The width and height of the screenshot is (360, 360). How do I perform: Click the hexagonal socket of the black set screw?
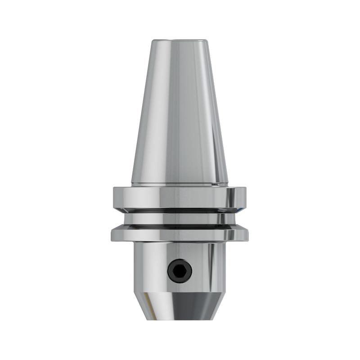pyautogui.click(x=180, y=270)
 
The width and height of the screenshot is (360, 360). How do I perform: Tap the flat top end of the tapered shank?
pyautogui.click(x=180, y=40)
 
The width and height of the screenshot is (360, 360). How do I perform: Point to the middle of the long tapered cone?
pyautogui.click(x=180, y=112)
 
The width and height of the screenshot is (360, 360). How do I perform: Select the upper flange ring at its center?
pyautogui.click(x=180, y=197)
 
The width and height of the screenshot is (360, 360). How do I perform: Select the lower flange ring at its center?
pyautogui.click(x=180, y=233)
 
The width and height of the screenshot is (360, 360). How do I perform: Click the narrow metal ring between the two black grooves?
pyautogui.click(x=180, y=218)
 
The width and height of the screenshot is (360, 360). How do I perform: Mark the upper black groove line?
pyautogui.click(x=180, y=211)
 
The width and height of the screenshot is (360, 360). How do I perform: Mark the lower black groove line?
pyautogui.click(x=180, y=225)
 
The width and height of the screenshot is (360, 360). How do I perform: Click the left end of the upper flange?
pyautogui.click(x=115, y=197)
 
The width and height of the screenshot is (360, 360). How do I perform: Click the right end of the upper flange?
pyautogui.click(x=244, y=197)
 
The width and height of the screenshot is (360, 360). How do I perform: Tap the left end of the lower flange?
pyautogui.click(x=114, y=234)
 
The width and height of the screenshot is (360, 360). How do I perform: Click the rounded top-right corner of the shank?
pyautogui.click(x=207, y=42)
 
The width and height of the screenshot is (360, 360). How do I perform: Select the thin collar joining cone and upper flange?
pyautogui.click(x=180, y=184)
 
